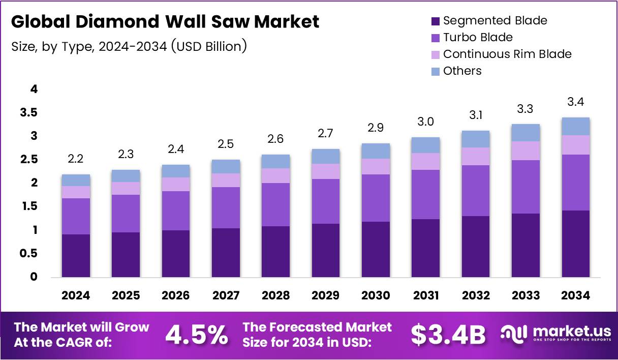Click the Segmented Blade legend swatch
[435, 21]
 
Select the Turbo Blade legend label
[478, 38]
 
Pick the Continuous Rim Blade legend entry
[507, 54]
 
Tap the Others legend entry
[462, 71]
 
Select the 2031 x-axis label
[425, 296]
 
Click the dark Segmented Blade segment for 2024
[76, 255]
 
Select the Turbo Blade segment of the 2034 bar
[576, 182]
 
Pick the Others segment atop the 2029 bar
[325, 156]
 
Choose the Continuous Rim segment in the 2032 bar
[476, 156]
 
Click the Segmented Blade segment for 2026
[176, 253]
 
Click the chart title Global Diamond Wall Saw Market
[165, 22]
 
